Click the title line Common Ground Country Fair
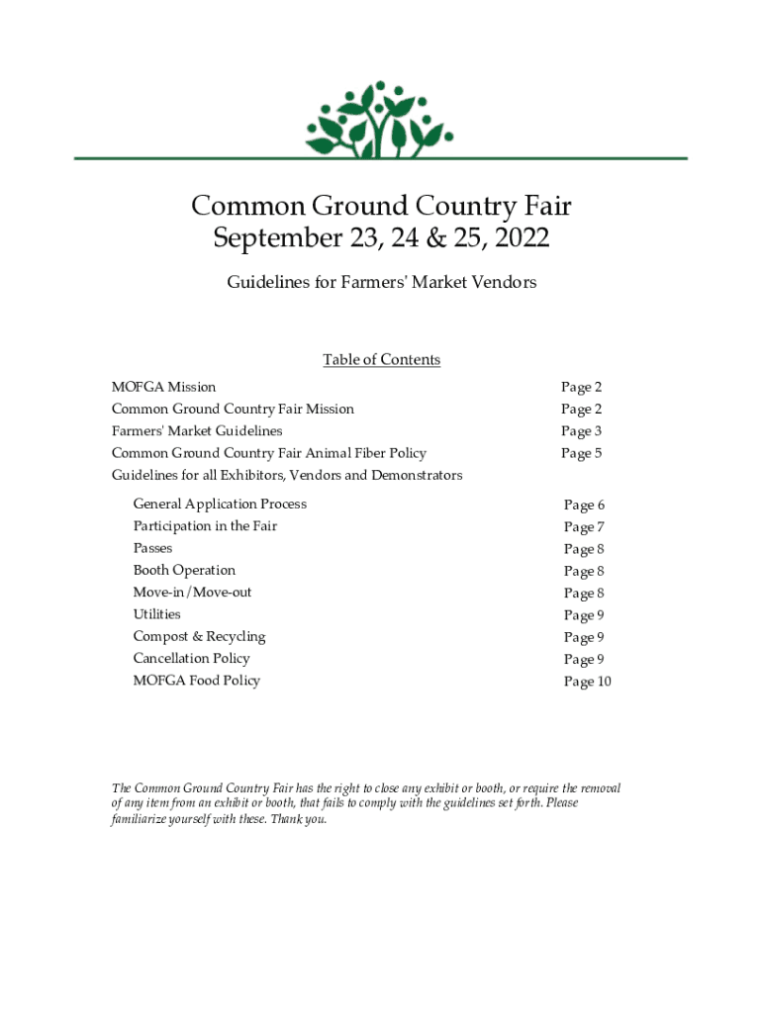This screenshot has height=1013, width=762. pyautogui.click(x=381, y=206)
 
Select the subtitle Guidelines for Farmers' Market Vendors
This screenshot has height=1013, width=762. pyautogui.click(x=381, y=283)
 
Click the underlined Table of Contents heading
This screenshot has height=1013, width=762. pyautogui.click(x=381, y=360)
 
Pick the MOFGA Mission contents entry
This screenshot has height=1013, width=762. pyautogui.click(x=163, y=387)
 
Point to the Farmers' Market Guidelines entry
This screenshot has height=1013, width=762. pyautogui.click(x=197, y=431)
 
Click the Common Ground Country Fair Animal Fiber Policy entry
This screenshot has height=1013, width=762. pyautogui.click(x=268, y=453)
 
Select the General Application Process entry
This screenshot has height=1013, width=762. pyautogui.click(x=220, y=505)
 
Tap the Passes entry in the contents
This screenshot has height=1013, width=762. pyautogui.click(x=152, y=548)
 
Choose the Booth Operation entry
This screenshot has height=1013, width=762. pyautogui.click(x=184, y=571)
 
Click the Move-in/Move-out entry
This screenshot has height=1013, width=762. pyautogui.click(x=192, y=593)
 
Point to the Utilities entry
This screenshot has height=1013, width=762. pyautogui.click(x=156, y=614)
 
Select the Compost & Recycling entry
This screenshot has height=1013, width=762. pyautogui.click(x=199, y=636)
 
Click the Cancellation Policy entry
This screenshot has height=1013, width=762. pyautogui.click(x=191, y=659)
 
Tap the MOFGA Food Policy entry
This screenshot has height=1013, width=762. pyautogui.click(x=196, y=681)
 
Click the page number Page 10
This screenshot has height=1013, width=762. pyautogui.click(x=587, y=682)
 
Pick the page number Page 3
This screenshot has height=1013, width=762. pyautogui.click(x=581, y=431)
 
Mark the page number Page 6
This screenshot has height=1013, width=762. pyautogui.click(x=584, y=506)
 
